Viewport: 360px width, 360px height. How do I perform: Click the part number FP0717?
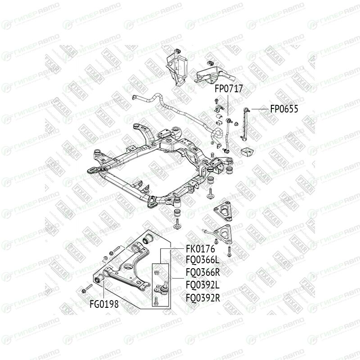228,89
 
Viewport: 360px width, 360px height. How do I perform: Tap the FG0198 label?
104,304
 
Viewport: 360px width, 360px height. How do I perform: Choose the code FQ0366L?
202,261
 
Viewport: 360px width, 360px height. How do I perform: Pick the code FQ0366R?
202,272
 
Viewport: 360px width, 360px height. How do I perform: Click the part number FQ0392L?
202,284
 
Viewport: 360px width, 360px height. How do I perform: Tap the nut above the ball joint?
156,271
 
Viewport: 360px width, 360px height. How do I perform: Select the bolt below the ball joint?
156,300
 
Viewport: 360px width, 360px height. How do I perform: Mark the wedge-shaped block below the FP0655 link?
247,151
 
